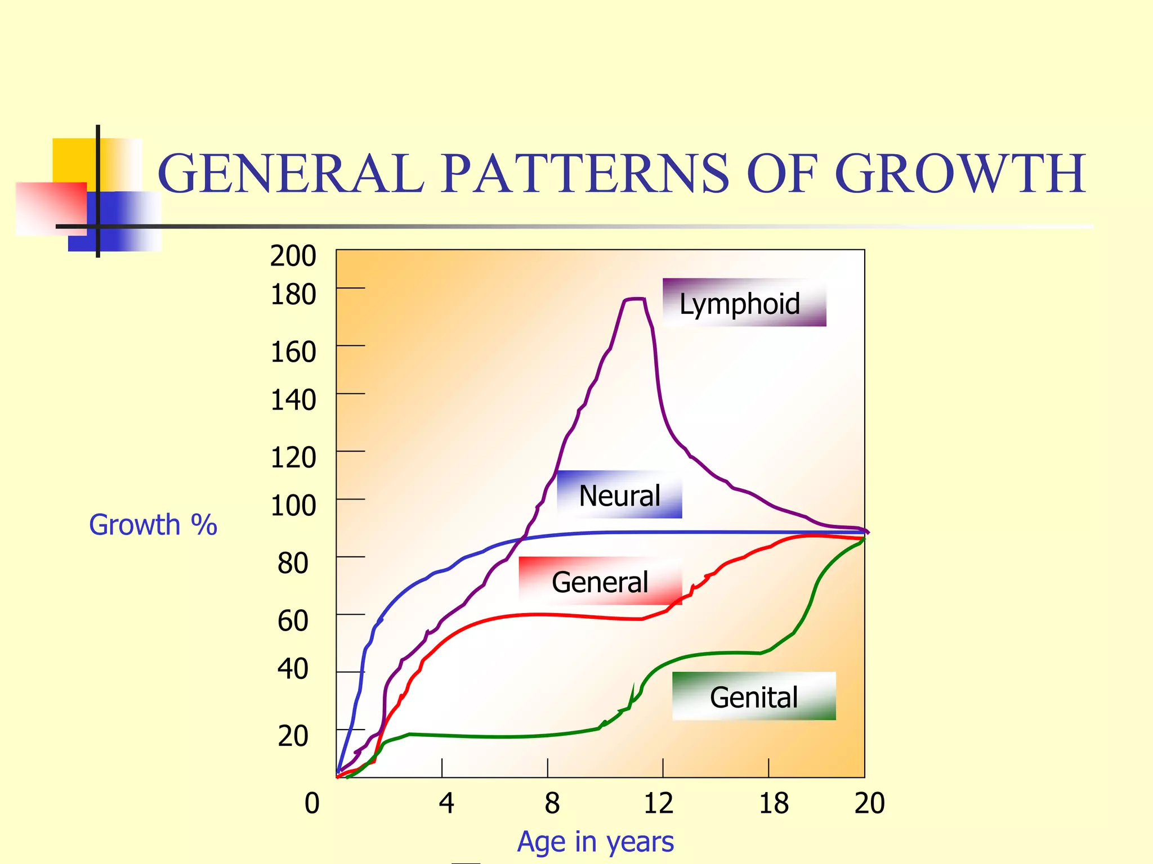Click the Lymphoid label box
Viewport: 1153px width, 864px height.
coord(744,303)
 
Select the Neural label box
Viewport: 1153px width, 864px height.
coord(619,494)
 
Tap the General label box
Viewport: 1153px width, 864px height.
coord(600,581)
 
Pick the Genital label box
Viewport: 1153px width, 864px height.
coord(754,696)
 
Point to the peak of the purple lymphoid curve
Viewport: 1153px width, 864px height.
coord(634,299)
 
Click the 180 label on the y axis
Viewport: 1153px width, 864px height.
coord(293,294)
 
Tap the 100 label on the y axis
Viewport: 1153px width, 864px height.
coord(293,505)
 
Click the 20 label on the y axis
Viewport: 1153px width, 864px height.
coord(293,736)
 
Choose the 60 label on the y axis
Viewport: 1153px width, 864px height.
coord(293,620)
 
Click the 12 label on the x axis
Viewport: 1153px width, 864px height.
coord(658,803)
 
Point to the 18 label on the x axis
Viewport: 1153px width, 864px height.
coord(774,803)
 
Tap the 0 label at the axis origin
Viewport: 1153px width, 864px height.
coord(312,803)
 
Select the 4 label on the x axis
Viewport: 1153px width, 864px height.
coord(446,803)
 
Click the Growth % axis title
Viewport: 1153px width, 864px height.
coord(153,525)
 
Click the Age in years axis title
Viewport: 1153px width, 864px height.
coord(596,841)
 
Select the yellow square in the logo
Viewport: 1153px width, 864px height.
coord(73,160)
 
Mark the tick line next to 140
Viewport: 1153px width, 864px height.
coord(351,394)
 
